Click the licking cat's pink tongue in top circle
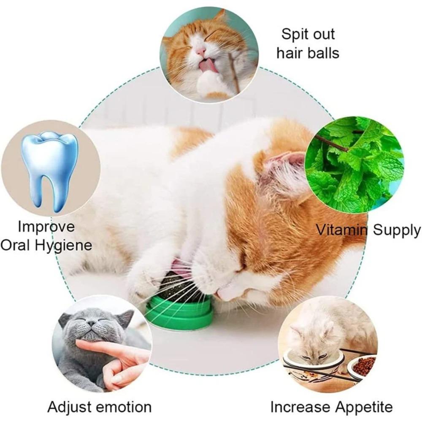[207, 65]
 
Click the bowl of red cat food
[363, 365]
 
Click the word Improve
[46, 226]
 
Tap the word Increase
[299, 407]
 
